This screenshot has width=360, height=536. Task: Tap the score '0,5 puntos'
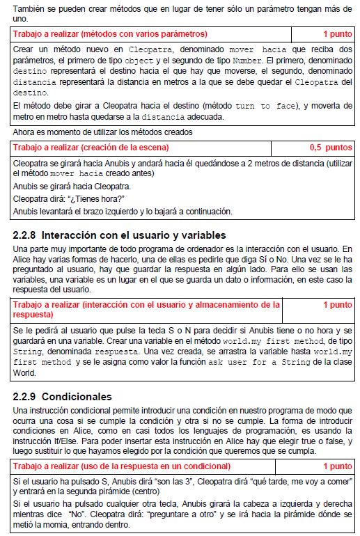pos(331,148)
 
